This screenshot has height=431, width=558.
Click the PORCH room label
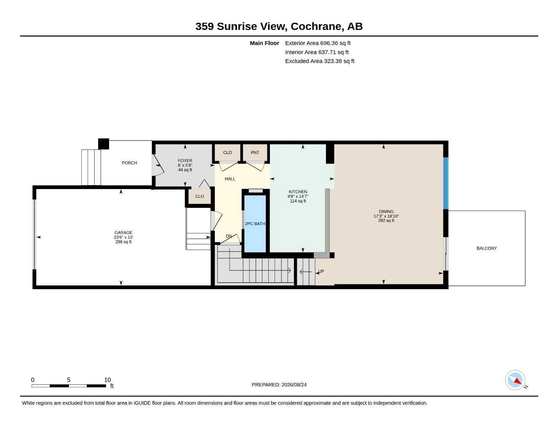[x=129, y=163]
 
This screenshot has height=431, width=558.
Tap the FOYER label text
[x=185, y=161]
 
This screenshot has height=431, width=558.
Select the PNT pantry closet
[x=255, y=152]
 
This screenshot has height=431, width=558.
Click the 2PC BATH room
[x=255, y=224]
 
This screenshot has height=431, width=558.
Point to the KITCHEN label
[x=298, y=192]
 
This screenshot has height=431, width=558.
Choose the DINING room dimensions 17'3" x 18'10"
[x=386, y=216]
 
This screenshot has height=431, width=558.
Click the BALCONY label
[x=486, y=248]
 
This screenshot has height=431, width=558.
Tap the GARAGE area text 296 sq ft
[x=123, y=242]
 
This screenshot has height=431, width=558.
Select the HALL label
[x=230, y=179]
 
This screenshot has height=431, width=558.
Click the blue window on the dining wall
[x=446, y=183]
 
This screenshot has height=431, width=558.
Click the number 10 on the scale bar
[x=107, y=380]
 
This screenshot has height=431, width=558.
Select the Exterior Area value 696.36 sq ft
[x=335, y=43]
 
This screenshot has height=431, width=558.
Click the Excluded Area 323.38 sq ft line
[x=320, y=61]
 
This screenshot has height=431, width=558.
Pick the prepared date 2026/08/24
[x=294, y=385]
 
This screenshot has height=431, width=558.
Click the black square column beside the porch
[x=104, y=144]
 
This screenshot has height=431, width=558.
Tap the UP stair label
[x=321, y=271]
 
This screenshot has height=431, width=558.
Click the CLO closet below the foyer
[x=200, y=197]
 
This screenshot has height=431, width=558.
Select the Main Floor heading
[x=264, y=43]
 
